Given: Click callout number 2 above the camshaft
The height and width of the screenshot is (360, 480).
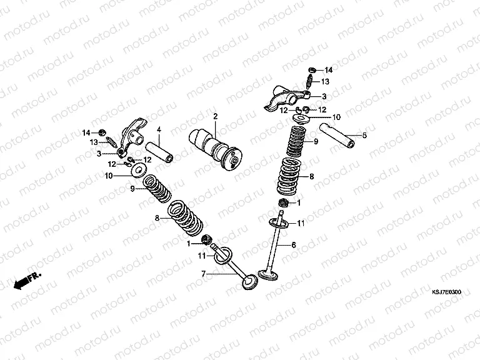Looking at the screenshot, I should tap(215, 116).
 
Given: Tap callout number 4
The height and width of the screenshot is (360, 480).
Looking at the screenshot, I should tap(159, 130).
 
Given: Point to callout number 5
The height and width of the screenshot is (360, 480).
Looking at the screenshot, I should tap(365, 134).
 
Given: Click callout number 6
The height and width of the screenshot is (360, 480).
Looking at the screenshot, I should tap(292, 246).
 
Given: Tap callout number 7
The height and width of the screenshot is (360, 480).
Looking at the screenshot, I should tap(202, 274).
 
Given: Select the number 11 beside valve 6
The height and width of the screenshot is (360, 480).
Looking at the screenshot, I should tap(301, 223).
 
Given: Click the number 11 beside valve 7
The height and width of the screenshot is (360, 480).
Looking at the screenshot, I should tap(201, 256).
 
